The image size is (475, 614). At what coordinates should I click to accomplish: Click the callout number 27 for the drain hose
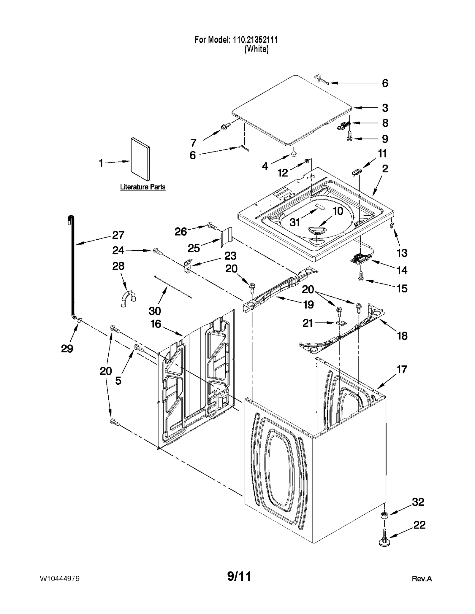pos(118,235)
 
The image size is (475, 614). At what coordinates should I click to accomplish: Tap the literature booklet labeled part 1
pos(140,159)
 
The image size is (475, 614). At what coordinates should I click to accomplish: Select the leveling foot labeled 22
pos(384,542)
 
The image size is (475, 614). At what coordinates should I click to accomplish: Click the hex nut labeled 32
pos(384,515)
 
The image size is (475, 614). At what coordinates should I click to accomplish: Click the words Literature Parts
pos(142,187)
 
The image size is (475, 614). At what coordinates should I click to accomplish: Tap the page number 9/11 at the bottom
pos(239,576)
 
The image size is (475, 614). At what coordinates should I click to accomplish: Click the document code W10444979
pos(59,579)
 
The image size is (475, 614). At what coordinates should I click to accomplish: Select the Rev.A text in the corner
pos(422,579)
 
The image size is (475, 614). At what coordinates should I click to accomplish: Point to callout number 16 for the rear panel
pos(156,324)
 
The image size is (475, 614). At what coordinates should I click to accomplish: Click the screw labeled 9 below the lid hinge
pos(349,138)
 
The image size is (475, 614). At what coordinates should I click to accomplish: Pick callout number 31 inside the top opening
pos(294,222)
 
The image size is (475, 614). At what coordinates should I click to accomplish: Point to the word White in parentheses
pos(256,49)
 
